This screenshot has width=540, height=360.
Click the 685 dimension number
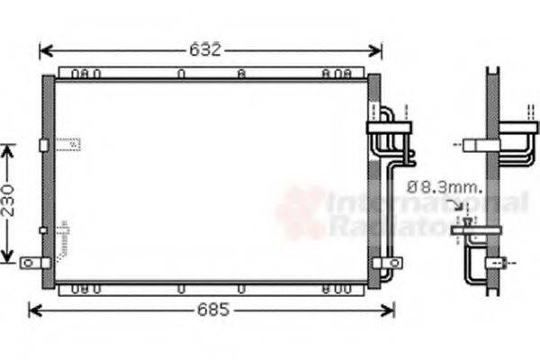tap(213, 310)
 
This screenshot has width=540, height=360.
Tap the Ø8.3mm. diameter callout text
tap(444, 188)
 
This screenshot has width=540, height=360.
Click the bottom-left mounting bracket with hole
tap(33, 263)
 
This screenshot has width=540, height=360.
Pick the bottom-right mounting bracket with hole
tap(387, 263)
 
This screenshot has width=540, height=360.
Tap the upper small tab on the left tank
tap(43, 145)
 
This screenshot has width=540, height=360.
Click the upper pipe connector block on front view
tap(389, 128)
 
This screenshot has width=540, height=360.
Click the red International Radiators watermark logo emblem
tap(301, 211)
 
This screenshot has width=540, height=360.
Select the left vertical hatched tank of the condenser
tap(48, 180)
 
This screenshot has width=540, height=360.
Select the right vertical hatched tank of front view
tap(373, 180)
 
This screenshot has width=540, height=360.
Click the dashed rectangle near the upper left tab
tap(67, 143)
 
